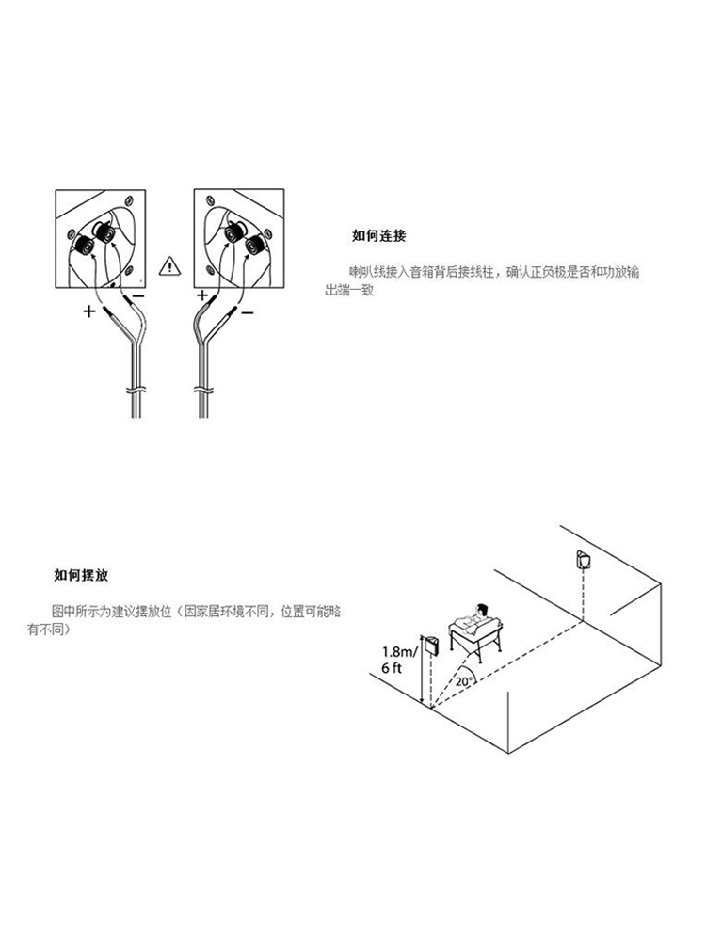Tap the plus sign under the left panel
point(89,311)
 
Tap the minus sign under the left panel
point(137,295)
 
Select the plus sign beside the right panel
point(201,295)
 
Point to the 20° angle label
point(464,680)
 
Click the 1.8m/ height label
point(398,651)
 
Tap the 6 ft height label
point(393,667)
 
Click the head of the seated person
point(482,609)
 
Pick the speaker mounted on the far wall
point(583,561)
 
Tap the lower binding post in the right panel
point(253,246)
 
